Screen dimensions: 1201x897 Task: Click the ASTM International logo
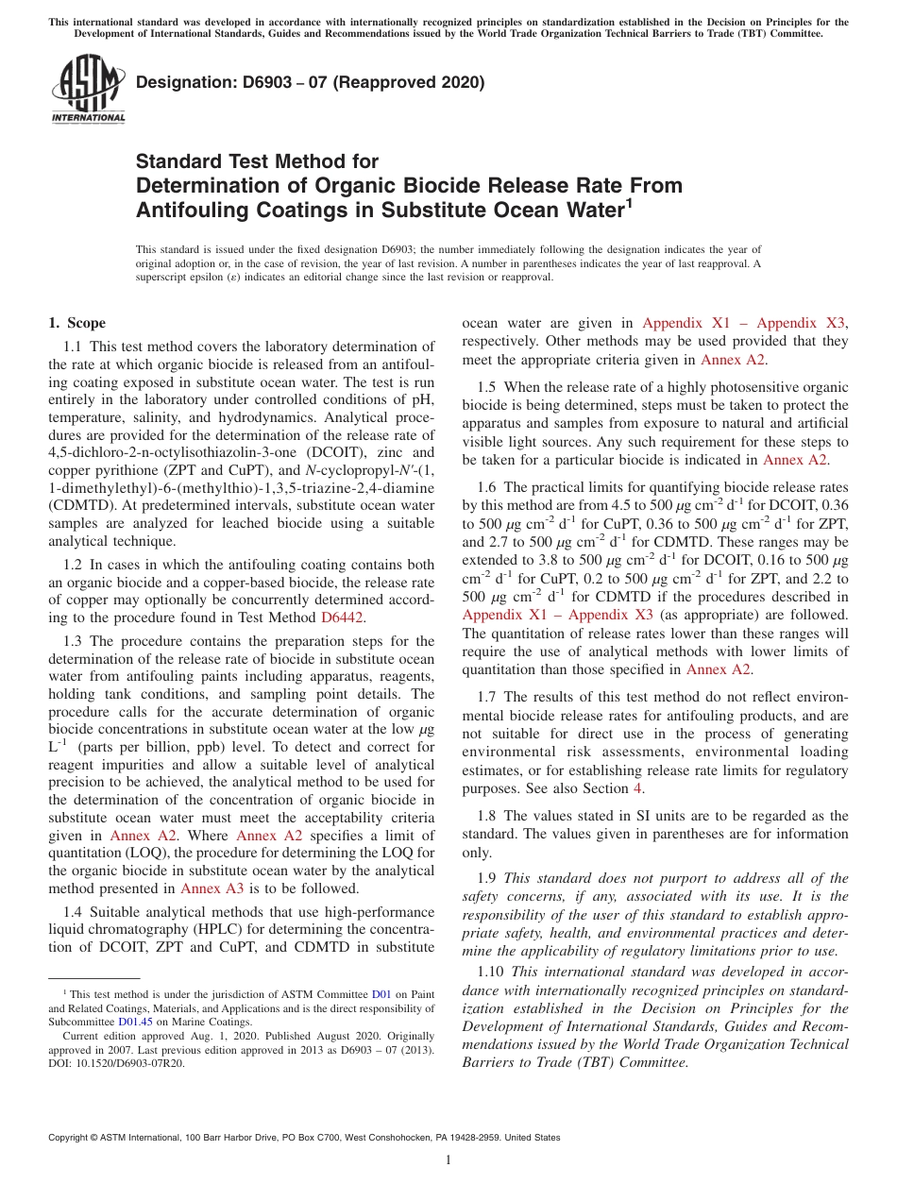88,90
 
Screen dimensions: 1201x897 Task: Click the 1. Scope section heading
76,323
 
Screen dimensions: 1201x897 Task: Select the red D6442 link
343,617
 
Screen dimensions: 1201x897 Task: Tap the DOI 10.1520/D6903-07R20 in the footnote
132,1062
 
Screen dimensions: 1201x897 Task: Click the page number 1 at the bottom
448,1160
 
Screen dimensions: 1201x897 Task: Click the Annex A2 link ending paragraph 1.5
795,460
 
